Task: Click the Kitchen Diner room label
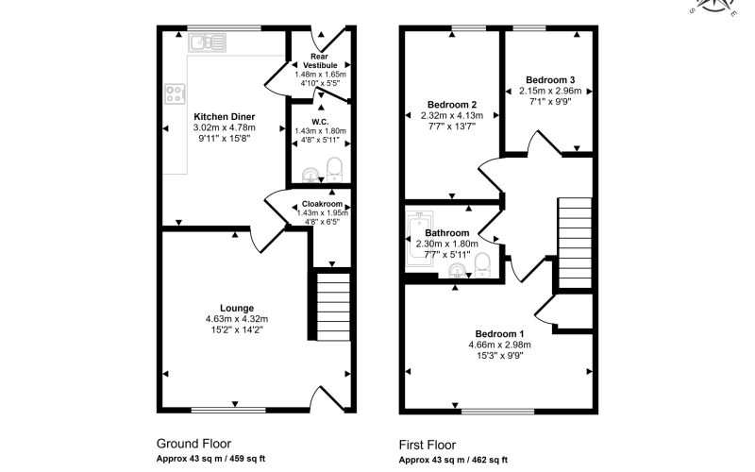pyautogui.click(x=224, y=116)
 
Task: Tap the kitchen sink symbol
pyautogui.click(x=207, y=42)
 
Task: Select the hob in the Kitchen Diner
pyautogui.click(x=175, y=93)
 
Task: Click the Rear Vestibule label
pyautogui.click(x=320, y=60)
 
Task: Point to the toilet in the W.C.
pyautogui.click(x=334, y=170)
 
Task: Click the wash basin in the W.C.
pyautogui.click(x=311, y=176)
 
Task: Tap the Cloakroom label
pyautogui.click(x=322, y=204)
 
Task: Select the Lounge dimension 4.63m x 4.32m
pyautogui.click(x=237, y=319)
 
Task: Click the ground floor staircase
pyautogui.click(x=333, y=307)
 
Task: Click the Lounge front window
pyautogui.click(x=228, y=411)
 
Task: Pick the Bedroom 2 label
pyautogui.click(x=452, y=105)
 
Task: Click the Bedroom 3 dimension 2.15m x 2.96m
pyautogui.click(x=550, y=91)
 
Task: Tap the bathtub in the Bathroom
pyautogui.click(x=419, y=239)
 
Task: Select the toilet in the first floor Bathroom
pyautogui.click(x=482, y=265)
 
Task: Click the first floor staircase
pyautogui.click(x=575, y=243)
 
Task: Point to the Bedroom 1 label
pyautogui.click(x=499, y=334)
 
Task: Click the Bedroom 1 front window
pyautogui.click(x=498, y=412)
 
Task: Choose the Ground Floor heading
pyautogui.click(x=193, y=444)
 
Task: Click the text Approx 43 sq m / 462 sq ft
pyautogui.click(x=453, y=460)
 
